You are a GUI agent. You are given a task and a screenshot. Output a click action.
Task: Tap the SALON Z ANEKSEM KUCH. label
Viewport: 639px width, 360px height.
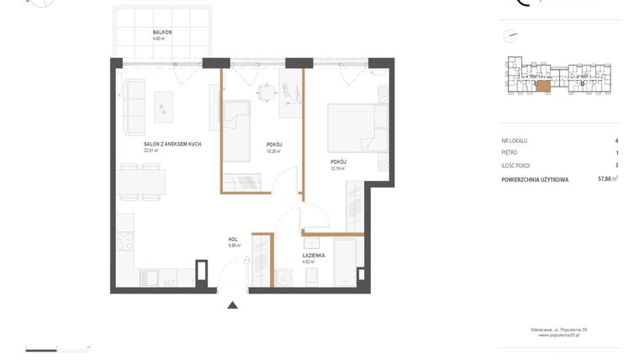pos(173,144)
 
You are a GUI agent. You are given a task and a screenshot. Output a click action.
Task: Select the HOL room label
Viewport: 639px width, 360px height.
pos(233,240)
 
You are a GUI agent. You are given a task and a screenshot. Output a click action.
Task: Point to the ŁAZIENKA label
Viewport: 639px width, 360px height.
pos(314,255)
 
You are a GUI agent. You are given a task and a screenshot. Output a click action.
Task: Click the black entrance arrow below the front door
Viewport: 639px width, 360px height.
pos(233,305)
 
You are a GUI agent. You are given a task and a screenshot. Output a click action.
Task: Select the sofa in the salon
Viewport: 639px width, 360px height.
pos(134,107)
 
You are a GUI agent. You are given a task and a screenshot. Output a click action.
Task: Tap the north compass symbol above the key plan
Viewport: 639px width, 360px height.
pos(510,36)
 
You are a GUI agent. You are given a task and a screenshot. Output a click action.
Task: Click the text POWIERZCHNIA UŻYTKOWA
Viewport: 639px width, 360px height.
pos(535,179)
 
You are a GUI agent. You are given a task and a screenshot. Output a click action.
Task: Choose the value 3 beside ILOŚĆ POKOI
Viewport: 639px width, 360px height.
pos(616,166)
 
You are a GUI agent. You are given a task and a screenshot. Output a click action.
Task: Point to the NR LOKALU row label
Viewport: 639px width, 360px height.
pos(514,140)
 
